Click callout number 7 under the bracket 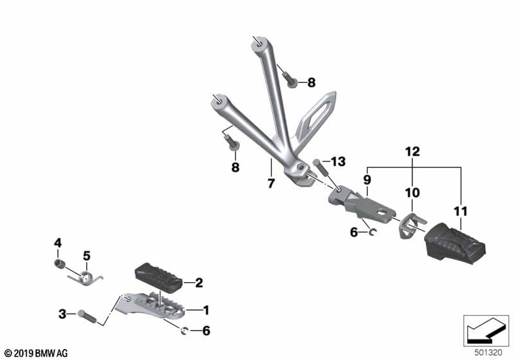tap(270, 184)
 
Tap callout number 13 tap(338, 161)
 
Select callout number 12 tap(412, 152)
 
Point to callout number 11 tap(461, 211)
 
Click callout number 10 tap(412, 192)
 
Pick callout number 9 tap(367, 179)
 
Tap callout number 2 tap(199, 283)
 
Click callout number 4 tap(58, 243)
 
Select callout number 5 tap(87, 256)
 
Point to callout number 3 tap(62, 314)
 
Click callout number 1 tap(206, 310)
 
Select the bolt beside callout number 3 tap(87, 316)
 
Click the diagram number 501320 tap(488, 353)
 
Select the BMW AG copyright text tap(37, 354)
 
